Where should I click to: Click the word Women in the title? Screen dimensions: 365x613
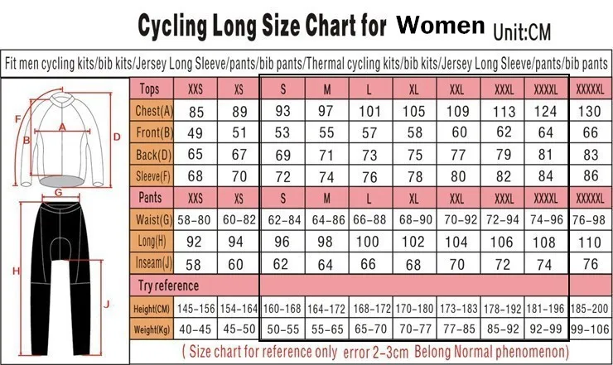pos(441,25)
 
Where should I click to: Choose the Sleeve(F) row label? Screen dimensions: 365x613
pos(154,175)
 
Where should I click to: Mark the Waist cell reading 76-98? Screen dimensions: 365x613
pos(590,219)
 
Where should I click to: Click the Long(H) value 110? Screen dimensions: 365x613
pos(590,243)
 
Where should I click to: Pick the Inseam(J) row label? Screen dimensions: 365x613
pos(154,264)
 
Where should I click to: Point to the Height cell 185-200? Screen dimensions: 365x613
pos(590,309)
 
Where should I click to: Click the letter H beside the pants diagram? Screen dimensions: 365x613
pos(15,271)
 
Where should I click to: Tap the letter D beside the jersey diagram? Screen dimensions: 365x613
pos(117,136)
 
